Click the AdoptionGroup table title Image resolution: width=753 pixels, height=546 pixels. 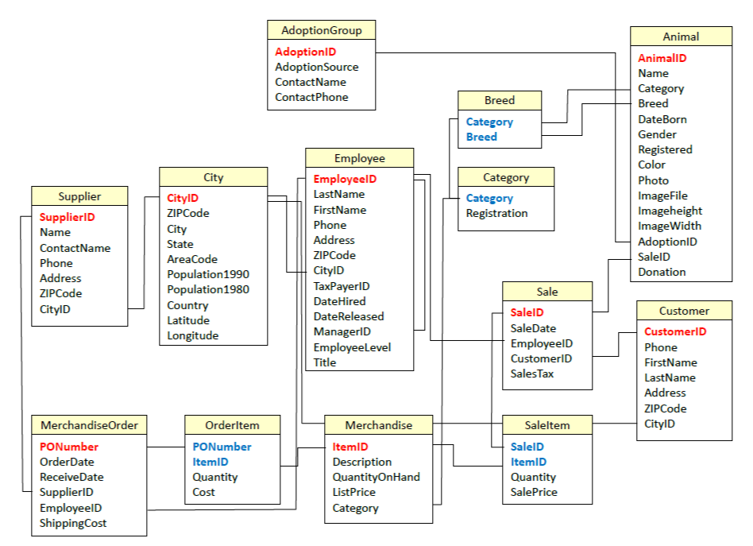(x=321, y=30)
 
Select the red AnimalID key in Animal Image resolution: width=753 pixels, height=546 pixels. (x=662, y=58)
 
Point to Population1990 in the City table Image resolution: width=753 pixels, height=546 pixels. (x=207, y=274)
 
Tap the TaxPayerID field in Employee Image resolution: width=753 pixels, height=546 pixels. (x=341, y=286)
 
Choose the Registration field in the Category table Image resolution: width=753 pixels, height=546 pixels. (x=496, y=213)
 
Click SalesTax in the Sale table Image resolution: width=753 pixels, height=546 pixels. (x=532, y=374)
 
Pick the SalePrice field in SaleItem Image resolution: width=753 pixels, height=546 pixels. (x=534, y=492)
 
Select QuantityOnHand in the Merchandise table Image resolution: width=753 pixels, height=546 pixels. (x=376, y=477)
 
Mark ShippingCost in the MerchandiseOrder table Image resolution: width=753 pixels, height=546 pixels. (x=73, y=523)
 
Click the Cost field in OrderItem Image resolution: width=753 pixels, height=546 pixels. (x=203, y=492)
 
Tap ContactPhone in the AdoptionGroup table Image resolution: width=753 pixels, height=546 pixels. (x=311, y=97)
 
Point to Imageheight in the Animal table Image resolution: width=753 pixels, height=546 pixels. (x=670, y=211)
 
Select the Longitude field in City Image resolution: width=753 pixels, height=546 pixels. (x=192, y=335)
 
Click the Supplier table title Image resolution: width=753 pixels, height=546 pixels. (x=79, y=196)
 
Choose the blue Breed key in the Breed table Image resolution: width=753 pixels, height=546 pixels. (x=481, y=137)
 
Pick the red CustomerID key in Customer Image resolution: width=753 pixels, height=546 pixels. (x=675, y=331)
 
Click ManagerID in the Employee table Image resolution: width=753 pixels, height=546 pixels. (x=342, y=331)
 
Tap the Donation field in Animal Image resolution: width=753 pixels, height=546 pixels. (x=662, y=272)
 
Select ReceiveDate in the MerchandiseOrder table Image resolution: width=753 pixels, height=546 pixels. (x=71, y=477)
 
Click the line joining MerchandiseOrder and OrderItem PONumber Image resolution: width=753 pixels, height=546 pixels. (x=165, y=447)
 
